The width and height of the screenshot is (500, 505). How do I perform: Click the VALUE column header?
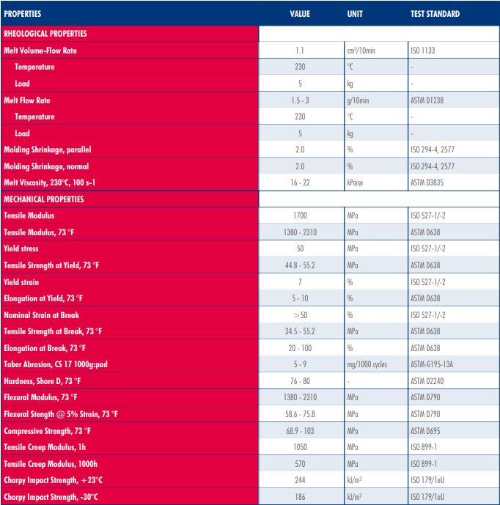coord(300,14)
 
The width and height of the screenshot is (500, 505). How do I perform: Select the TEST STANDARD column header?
coord(435,14)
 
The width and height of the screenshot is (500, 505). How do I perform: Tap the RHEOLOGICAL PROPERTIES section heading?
coord(45,34)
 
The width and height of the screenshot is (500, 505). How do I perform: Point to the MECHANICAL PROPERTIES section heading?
coord(44,199)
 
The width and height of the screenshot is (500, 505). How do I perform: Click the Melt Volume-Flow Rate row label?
coord(40,51)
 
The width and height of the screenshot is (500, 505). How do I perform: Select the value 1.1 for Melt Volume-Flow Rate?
coord(300,51)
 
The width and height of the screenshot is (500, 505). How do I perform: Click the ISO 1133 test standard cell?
coord(427,51)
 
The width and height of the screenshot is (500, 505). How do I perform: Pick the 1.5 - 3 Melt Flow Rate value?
coord(300,100)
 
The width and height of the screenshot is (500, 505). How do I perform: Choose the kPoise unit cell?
coord(358,183)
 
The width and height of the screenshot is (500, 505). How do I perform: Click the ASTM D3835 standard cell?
coord(430,183)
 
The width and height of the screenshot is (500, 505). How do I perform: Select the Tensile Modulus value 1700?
coord(300,215)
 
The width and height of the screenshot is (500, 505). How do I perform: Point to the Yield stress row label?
coord(21,248)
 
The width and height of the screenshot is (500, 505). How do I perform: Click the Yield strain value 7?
coord(300,282)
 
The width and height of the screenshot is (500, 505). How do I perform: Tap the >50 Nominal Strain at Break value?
coord(300,315)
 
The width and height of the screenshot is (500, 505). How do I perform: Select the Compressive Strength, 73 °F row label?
coord(48,431)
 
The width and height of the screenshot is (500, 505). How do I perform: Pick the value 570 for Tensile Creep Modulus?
coord(300,464)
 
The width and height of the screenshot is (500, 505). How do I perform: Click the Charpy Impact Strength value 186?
coord(300,497)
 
